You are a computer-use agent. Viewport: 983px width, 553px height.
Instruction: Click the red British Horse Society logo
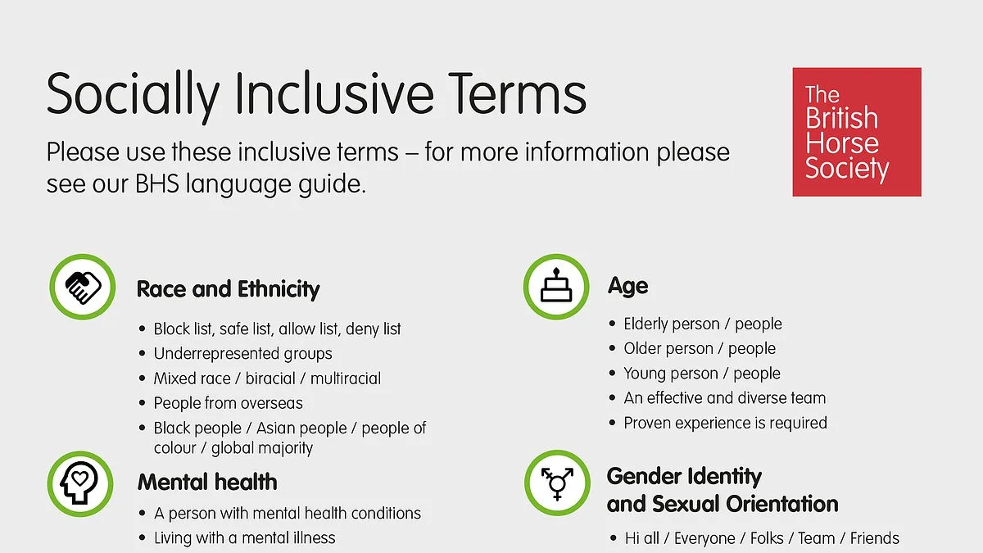[x=857, y=132]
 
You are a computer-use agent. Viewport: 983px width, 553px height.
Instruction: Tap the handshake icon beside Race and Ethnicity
[x=83, y=287]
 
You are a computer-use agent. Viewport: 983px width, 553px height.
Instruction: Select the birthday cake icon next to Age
[x=556, y=287]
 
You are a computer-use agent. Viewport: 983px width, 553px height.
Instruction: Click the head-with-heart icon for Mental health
[x=80, y=483]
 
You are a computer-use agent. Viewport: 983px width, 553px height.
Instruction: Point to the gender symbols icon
[x=557, y=483]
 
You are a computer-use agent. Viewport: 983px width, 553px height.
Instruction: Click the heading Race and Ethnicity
[x=229, y=290]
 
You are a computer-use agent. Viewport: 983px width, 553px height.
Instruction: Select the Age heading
[x=628, y=287]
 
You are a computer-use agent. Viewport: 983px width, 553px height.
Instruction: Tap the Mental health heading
[x=207, y=482]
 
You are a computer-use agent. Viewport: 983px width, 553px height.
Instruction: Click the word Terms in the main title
[x=517, y=93]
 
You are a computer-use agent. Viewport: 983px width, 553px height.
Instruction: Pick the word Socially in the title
[x=133, y=97]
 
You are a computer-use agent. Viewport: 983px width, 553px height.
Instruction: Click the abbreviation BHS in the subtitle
[x=157, y=184]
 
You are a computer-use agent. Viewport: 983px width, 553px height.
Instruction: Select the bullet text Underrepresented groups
[x=242, y=354]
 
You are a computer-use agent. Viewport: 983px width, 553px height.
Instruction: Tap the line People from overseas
[x=229, y=403]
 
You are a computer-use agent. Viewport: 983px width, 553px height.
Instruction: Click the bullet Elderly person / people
[x=703, y=324]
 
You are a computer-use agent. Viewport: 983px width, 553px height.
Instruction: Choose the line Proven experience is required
[x=726, y=423]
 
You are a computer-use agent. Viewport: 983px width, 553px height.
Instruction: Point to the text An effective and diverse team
[x=724, y=398]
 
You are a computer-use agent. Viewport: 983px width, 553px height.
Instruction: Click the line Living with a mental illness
[x=244, y=538]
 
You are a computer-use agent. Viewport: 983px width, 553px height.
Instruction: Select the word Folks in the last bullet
[x=767, y=538]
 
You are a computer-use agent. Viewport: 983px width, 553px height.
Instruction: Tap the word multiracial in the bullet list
[x=346, y=378]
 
